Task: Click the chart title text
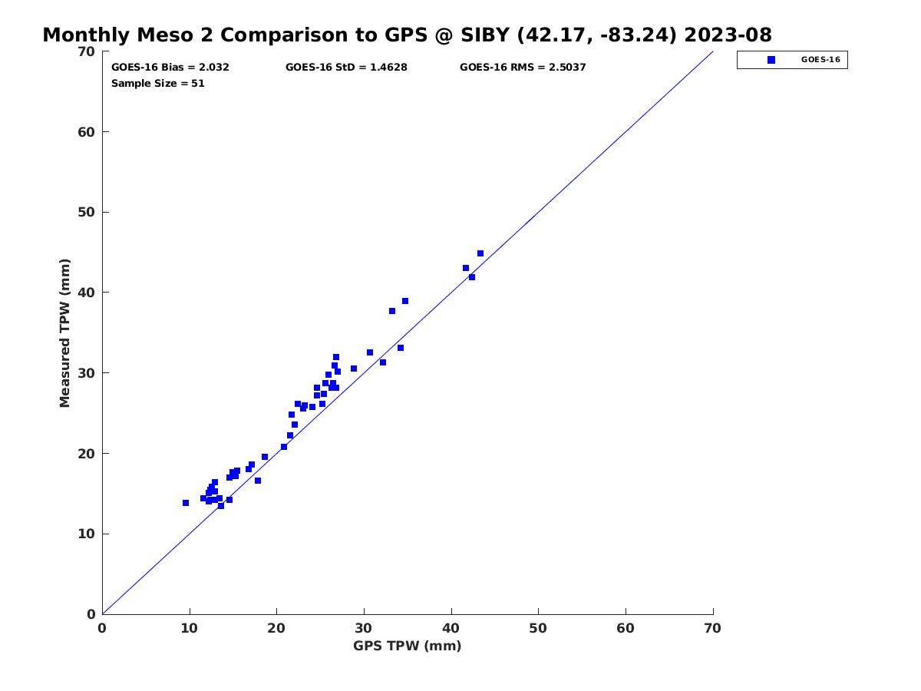pos(407,35)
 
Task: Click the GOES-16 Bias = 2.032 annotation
pos(170,67)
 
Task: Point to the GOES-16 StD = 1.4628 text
pos(346,67)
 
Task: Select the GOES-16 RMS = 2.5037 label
pos(523,67)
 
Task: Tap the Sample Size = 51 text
pos(158,83)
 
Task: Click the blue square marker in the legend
pos(771,60)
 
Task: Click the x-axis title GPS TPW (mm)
pos(407,646)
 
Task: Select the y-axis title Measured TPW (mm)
pos(64,332)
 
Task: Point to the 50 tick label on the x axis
pos(538,629)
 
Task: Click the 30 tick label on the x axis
pos(364,629)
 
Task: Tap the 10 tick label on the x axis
pos(190,629)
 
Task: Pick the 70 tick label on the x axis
pos(713,629)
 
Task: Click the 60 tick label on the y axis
pos(86,132)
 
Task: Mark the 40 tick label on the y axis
pos(86,293)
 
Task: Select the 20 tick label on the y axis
pos(86,454)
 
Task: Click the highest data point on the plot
pos(480,253)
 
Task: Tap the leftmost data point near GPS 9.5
pos(186,503)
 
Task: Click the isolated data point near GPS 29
pos(354,369)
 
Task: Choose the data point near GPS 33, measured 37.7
pos(392,311)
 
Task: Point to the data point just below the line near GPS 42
pos(472,277)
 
